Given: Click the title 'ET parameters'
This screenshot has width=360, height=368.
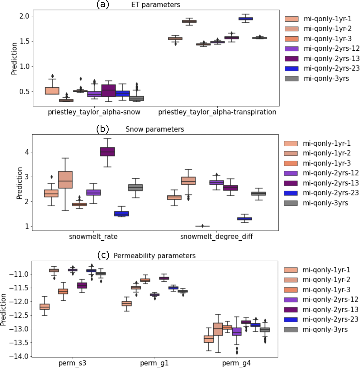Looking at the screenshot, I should (x=155, y=5).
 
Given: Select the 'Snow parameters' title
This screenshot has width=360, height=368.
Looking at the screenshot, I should (x=154, y=129).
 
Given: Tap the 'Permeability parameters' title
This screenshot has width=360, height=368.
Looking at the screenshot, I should (x=154, y=256).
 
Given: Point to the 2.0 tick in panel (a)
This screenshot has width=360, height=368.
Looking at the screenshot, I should (x=25, y=16).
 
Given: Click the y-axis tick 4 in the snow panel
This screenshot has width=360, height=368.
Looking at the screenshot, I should (x=27, y=152).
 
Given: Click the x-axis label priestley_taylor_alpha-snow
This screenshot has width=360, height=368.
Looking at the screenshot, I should (x=94, y=112).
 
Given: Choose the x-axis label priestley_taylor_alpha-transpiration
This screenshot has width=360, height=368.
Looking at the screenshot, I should (x=217, y=112).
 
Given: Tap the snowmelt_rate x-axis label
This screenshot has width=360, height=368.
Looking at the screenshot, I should (x=93, y=236).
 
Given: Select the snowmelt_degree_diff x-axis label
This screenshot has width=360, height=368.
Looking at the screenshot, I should (x=216, y=236).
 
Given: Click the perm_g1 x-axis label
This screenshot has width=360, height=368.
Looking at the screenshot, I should (x=154, y=363).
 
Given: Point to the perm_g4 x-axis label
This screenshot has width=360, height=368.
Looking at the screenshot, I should (x=236, y=363).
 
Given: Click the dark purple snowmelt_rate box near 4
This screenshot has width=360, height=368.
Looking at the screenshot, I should (x=107, y=152).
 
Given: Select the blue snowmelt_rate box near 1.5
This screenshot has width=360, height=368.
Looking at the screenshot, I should (x=121, y=214).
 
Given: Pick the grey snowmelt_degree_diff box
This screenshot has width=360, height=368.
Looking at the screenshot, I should (x=258, y=193).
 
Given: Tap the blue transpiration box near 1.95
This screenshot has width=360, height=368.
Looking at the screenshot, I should (x=245, y=19).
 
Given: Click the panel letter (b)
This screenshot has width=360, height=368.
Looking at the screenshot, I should (x=102, y=129).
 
